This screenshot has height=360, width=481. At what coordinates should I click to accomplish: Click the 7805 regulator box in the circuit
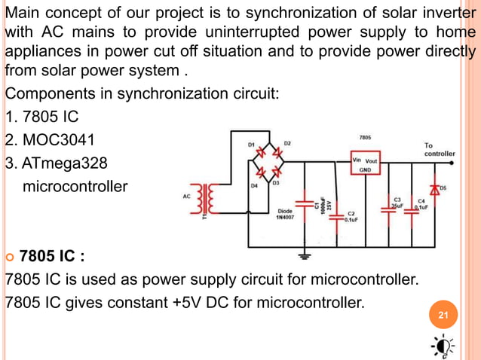365,165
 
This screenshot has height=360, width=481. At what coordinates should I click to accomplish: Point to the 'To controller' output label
439,149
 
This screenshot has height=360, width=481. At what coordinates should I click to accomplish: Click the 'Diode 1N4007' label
285,215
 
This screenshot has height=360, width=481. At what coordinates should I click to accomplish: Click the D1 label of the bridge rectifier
251,143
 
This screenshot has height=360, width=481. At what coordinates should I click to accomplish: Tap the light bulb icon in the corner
443,345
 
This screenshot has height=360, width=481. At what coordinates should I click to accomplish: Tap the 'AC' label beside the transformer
187,197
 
